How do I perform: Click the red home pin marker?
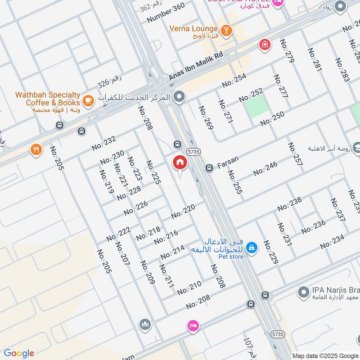click(x=180, y=163)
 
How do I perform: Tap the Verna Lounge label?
click(x=193, y=29)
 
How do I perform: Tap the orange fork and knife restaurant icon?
click(x=36, y=150)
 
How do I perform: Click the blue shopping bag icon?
click(x=252, y=247)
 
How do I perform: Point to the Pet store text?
click(x=232, y=256)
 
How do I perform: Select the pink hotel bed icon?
click(x=193, y=326)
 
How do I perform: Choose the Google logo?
click(x=19, y=353)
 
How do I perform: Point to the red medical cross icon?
click(x=265, y=45)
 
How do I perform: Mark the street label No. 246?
click(x=265, y=169)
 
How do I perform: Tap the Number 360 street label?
click(x=166, y=13)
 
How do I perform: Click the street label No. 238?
click(x=289, y=204)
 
